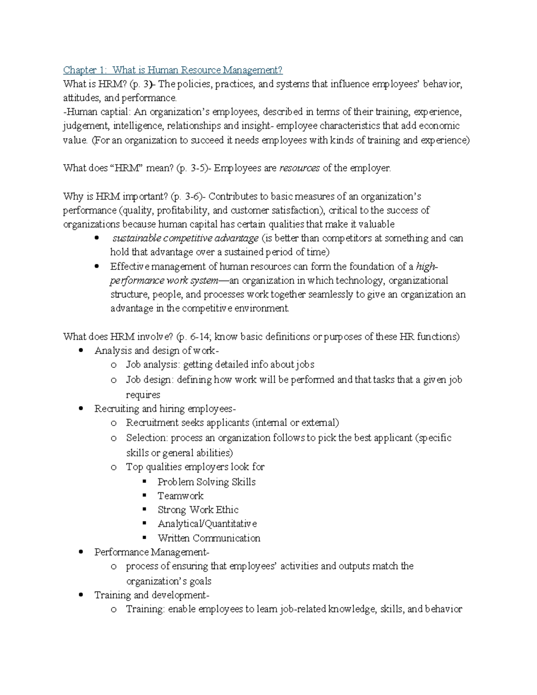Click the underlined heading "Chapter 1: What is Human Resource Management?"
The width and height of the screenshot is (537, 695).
click(x=173, y=70)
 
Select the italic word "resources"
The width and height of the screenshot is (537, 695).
click(x=299, y=168)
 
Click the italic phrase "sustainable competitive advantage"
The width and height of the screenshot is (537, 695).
click(x=185, y=238)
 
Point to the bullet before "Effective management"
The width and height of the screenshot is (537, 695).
click(x=97, y=266)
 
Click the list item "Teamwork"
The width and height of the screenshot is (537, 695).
click(x=180, y=496)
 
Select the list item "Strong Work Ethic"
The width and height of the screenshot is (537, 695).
click(x=198, y=510)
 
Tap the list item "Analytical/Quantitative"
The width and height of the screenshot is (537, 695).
click(x=207, y=524)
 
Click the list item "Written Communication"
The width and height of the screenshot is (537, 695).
click(x=209, y=538)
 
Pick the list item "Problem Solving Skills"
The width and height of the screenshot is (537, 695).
click(x=206, y=482)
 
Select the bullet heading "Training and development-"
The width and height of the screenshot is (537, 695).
click(x=152, y=595)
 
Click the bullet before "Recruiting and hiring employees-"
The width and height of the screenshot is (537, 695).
click(x=81, y=409)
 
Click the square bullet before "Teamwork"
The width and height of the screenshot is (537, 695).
click(x=144, y=496)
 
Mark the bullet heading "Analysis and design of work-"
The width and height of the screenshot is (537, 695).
click(x=157, y=350)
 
